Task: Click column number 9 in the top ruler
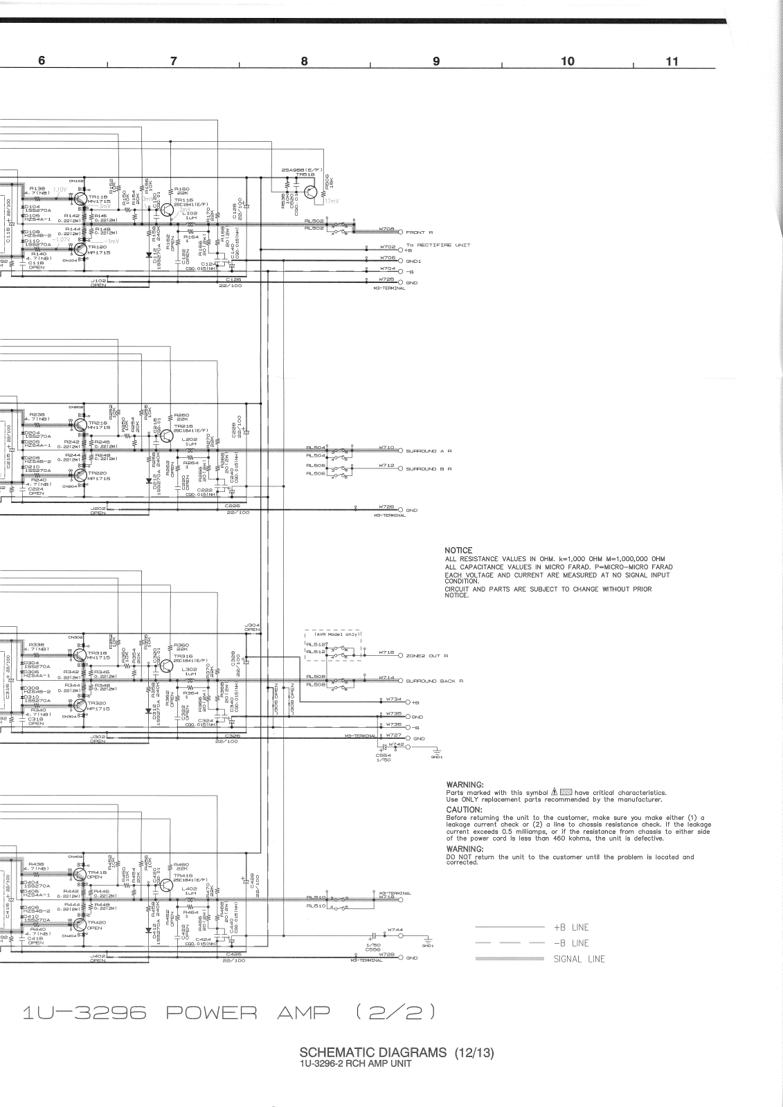(x=436, y=61)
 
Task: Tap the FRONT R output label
(x=420, y=232)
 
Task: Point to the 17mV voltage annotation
(x=332, y=201)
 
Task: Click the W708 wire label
(x=386, y=228)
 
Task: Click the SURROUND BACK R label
(x=434, y=681)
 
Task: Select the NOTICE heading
(x=458, y=551)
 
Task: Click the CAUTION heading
(x=464, y=809)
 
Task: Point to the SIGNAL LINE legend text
(x=579, y=959)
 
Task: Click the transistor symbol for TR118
(x=81, y=199)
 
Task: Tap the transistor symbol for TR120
(x=81, y=248)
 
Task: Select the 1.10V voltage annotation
(x=60, y=189)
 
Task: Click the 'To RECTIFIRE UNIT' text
(x=438, y=245)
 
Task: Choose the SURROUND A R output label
(x=429, y=450)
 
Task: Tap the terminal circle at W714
(x=400, y=681)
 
